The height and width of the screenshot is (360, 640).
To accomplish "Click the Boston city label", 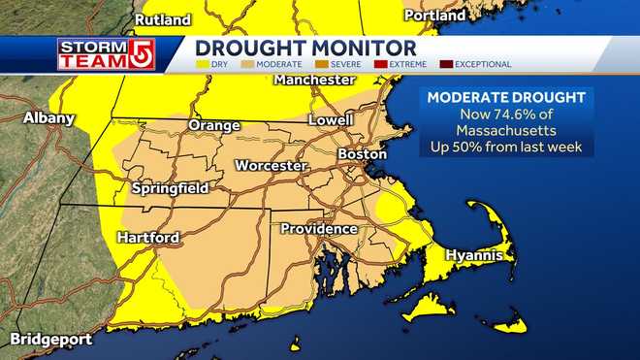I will pos(363,154).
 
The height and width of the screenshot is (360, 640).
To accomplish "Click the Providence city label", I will pos(319,229).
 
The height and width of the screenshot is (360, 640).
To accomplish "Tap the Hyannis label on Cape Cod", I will pos(474,255).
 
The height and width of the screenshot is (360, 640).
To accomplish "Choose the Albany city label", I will pos(48,118).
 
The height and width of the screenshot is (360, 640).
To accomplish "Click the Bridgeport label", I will pos(51,340).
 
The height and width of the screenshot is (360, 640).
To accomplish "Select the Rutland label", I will pos(162,18).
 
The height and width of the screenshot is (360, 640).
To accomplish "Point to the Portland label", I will pos(428,16).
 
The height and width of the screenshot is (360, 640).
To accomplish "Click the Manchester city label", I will pos(315,80).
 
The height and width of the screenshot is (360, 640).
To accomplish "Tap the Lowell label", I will pos(331,120).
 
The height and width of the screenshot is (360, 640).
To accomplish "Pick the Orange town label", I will pos(213,126).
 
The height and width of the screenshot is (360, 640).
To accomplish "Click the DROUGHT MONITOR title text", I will pos(305,48).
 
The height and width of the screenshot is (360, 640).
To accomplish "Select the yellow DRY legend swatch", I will pos(203,65).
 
